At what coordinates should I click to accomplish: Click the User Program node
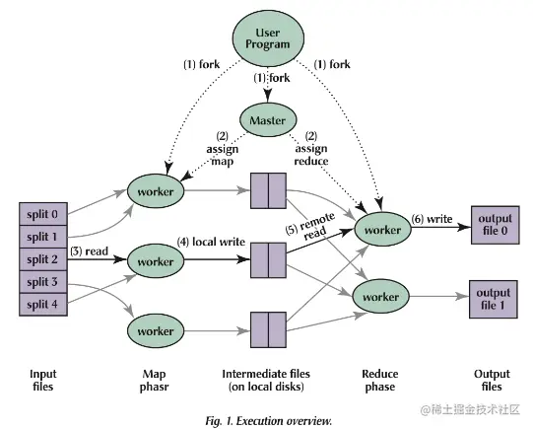click(x=266, y=36)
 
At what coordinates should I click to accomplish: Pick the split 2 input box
click(x=42, y=258)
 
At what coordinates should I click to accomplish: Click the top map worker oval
click(x=156, y=188)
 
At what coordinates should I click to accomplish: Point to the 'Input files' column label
click(x=42, y=381)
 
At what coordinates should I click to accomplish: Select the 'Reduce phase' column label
click(x=380, y=381)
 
